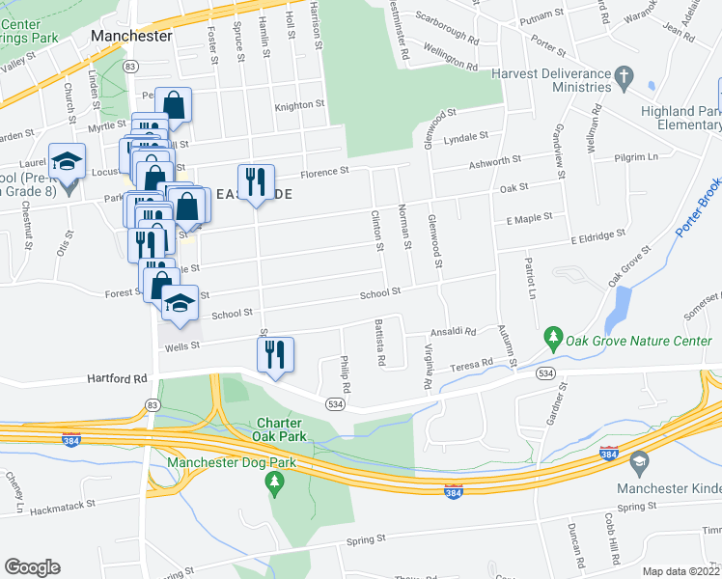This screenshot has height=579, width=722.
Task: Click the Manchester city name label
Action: pyautogui.click(x=131, y=36)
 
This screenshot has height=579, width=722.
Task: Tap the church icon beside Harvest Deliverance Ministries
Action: pyautogui.click(x=625, y=74)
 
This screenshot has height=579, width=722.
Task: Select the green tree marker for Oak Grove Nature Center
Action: pyautogui.click(x=553, y=338)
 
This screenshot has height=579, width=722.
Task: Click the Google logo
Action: pyautogui.click(x=32, y=567)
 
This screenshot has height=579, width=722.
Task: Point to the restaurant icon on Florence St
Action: pyautogui.click(x=256, y=182)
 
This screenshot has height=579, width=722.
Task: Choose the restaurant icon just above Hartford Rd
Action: pyautogui.click(x=275, y=353)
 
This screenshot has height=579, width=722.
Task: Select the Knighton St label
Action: pyautogui.click(x=299, y=105)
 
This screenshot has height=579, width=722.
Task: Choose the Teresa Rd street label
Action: pyautogui.click(x=474, y=365)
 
